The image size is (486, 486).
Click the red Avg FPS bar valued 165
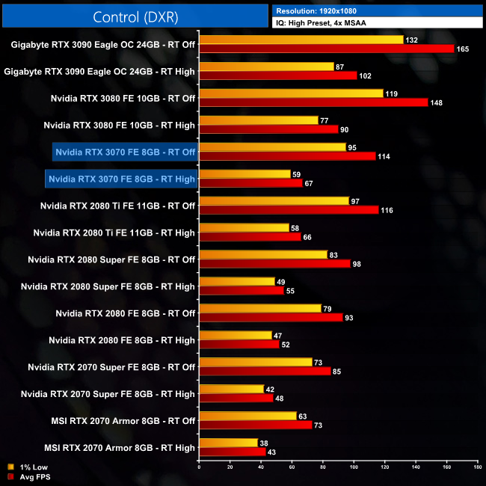(327, 49)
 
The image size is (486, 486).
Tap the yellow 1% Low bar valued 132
(301, 40)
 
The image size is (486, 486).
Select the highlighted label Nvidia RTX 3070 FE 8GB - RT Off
(125, 152)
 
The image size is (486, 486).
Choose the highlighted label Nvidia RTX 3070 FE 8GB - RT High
(121, 179)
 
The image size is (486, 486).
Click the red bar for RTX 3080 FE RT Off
(313, 102)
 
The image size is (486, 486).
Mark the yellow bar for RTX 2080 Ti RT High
(244, 228)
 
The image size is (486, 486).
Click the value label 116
(387, 210)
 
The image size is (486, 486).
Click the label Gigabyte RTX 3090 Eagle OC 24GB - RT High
(99, 71)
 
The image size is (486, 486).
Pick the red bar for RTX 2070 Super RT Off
(265, 372)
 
